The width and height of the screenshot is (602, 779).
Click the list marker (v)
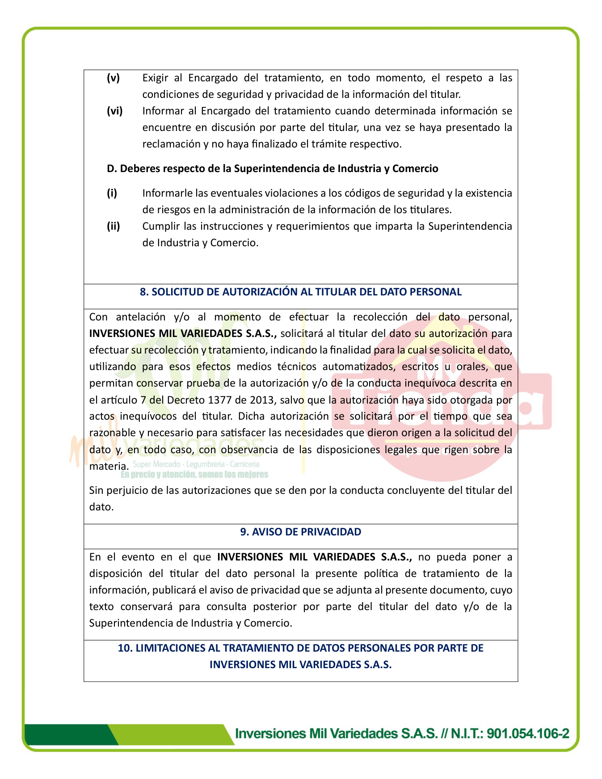[113, 78]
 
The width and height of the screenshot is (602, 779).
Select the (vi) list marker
[114, 111]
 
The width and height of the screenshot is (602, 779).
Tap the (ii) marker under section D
[114, 226]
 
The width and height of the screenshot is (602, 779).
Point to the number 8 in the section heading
[143, 292]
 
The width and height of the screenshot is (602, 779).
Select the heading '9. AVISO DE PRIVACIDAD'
[300, 532]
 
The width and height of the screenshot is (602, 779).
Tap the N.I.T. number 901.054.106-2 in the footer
[527, 733]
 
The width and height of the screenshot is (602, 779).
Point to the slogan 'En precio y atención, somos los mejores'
[194, 474]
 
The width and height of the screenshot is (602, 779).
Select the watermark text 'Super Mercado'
[156, 464]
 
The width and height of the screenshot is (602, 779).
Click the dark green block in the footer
[67, 734]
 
